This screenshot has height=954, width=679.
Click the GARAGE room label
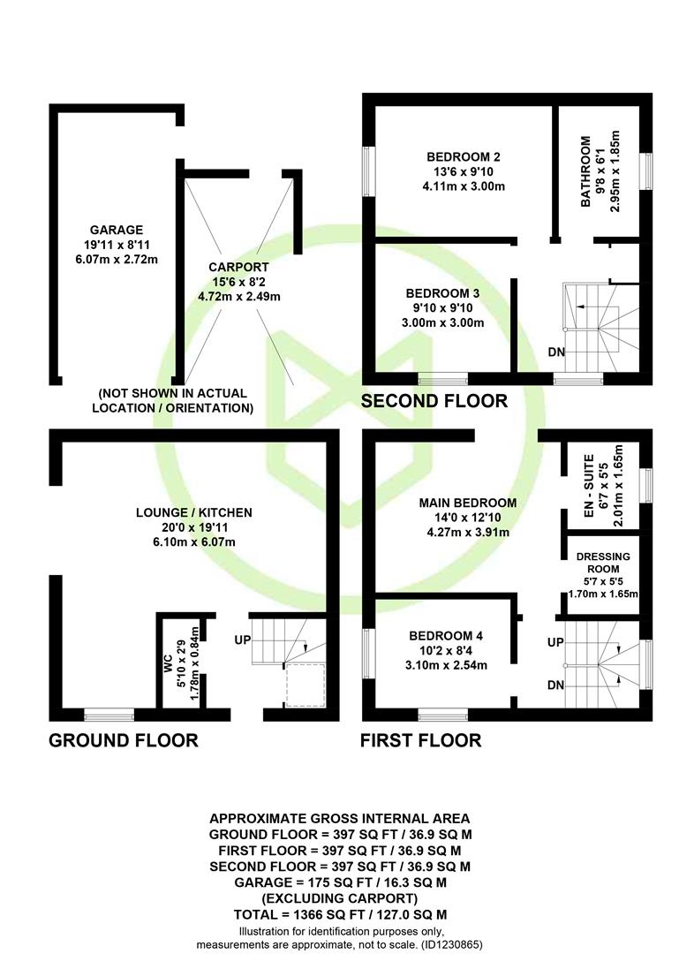point(117,230)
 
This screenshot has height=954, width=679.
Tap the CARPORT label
point(238,267)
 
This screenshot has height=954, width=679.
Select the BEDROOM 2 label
point(464,157)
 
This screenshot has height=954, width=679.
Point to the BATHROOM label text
point(586,171)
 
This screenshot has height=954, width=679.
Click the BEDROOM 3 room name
point(443,293)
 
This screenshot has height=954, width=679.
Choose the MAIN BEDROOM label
point(468,503)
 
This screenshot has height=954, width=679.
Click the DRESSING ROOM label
point(603,563)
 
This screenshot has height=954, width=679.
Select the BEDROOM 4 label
point(446,636)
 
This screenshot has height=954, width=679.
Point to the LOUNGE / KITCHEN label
point(194,513)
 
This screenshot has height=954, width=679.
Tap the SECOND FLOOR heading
point(434,401)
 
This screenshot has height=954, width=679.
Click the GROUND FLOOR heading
point(124,740)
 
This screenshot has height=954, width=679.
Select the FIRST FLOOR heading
point(421,740)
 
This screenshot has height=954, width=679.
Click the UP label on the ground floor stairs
point(243,640)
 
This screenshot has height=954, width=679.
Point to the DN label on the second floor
point(556,352)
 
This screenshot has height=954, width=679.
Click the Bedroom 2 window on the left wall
point(369,171)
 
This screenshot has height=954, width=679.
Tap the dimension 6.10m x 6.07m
point(194,542)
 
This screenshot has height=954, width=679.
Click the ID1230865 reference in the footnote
point(450,945)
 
